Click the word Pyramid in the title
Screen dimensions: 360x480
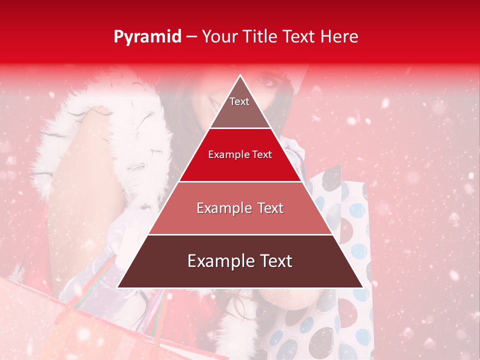147,37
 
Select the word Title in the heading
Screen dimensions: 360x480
261,36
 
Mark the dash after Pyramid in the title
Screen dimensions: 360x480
191,37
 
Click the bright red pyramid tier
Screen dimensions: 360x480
240,162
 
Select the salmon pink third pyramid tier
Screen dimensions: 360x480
240,215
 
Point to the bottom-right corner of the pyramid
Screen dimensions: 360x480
363,287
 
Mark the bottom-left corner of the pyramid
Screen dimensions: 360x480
117,287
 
